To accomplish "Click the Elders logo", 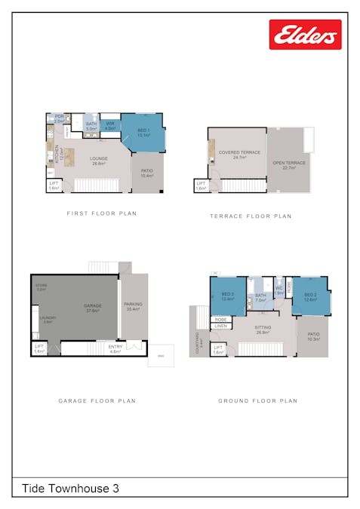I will click(305, 35).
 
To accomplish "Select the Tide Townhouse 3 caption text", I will click(70, 489).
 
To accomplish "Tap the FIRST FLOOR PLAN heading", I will click(102, 213).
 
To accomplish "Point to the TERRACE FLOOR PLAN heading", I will click(251, 216).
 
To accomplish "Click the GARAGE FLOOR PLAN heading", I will click(97, 401).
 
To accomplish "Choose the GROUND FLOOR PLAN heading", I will click(257, 401).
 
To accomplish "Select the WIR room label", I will click(109, 126).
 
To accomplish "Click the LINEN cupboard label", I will click(220, 326).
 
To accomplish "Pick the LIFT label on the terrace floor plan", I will click(200, 185).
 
